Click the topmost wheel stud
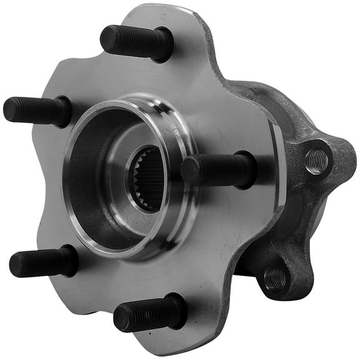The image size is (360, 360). tap(136, 42)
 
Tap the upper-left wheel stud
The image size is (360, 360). tap(37, 111)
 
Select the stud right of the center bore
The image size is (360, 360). tap(219, 169)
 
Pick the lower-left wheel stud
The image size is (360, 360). tap(44, 262)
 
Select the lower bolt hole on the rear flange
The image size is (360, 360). tap(275, 279)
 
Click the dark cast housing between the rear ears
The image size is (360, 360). tap(294, 219)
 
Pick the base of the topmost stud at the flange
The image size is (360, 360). tap(164, 45)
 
